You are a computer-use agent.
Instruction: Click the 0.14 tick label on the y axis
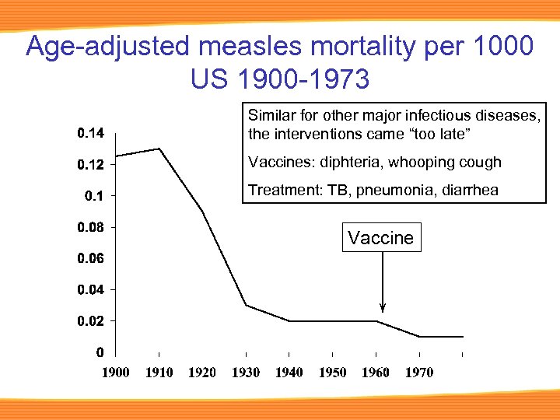(x=90, y=134)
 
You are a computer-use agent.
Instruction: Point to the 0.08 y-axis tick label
(x=90, y=227)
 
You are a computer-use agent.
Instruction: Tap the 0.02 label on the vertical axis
(x=90, y=320)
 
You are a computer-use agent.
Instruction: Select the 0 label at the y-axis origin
(x=100, y=352)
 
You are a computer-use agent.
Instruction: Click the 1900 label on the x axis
(x=116, y=373)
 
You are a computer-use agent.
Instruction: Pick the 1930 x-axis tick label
(x=246, y=373)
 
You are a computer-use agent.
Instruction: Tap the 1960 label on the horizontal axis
(x=376, y=373)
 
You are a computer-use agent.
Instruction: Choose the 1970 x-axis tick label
(x=419, y=373)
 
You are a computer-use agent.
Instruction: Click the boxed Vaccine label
(x=381, y=238)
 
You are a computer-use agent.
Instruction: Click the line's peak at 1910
(x=159, y=149)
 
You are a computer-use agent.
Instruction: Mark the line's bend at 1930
(x=246, y=306)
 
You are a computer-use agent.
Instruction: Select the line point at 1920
(x=202, y=211)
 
